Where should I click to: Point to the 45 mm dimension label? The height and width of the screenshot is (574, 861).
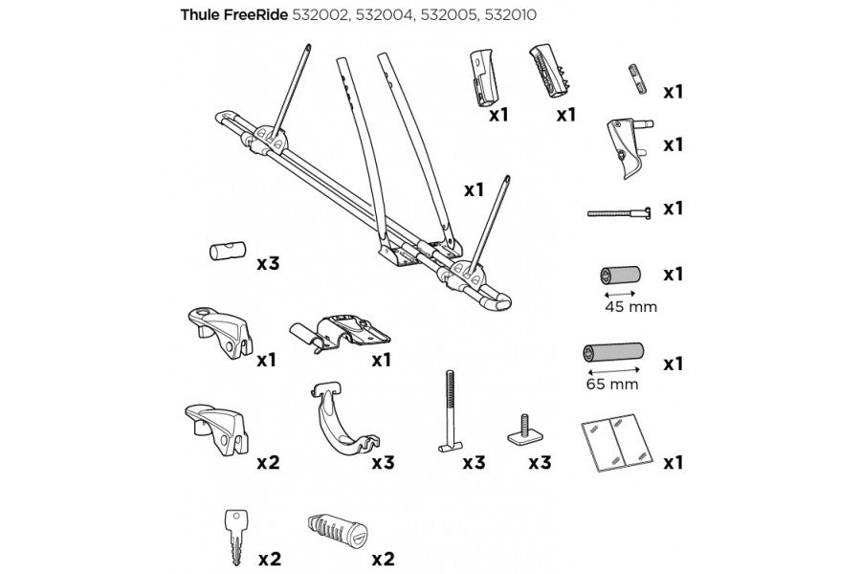point(624,307)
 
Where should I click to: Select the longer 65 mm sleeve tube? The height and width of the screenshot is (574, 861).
point(612,355)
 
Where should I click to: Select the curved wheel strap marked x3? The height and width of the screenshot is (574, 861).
point(341,422)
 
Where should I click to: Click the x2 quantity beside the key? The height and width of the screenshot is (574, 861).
point(268,558)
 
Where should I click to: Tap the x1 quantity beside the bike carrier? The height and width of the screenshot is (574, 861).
point(474,189)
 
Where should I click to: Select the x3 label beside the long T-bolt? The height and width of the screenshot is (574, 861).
point(474,463)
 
